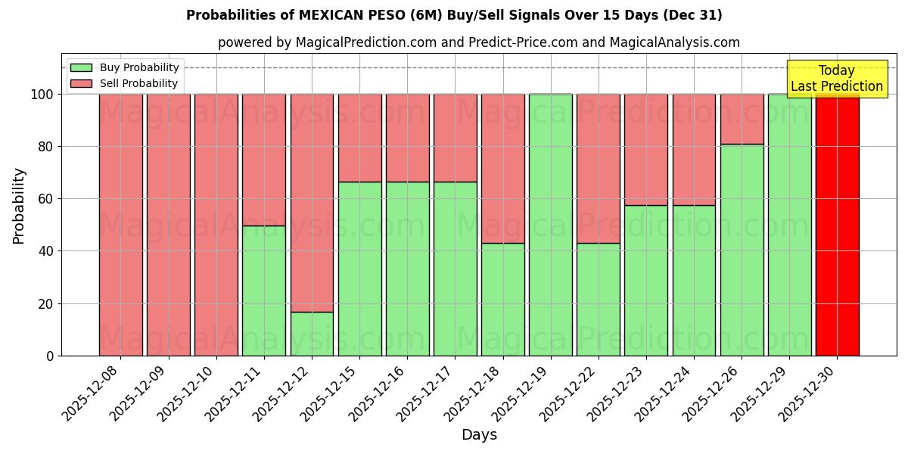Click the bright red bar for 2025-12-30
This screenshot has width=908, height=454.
[x=837, y=225]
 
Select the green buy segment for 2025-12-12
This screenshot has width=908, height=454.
[x=312, y=334]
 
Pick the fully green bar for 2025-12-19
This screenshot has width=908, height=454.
[x=550, y=225]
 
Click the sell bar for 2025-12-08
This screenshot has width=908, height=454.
[x=120, y=225]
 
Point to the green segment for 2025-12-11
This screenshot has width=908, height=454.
[x=264, y=291]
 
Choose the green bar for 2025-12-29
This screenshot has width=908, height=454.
[x=789, y=225]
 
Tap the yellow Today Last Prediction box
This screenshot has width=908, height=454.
[x=836, y=79]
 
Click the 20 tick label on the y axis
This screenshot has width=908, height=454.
[x=45, y=304]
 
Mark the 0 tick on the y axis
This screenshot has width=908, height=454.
[x=50, y=356]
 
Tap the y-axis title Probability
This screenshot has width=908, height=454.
[x=19, y=206]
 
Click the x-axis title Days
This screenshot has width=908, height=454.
[x=479, y=435]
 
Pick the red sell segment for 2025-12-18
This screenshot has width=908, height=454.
[x=502, y=168]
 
